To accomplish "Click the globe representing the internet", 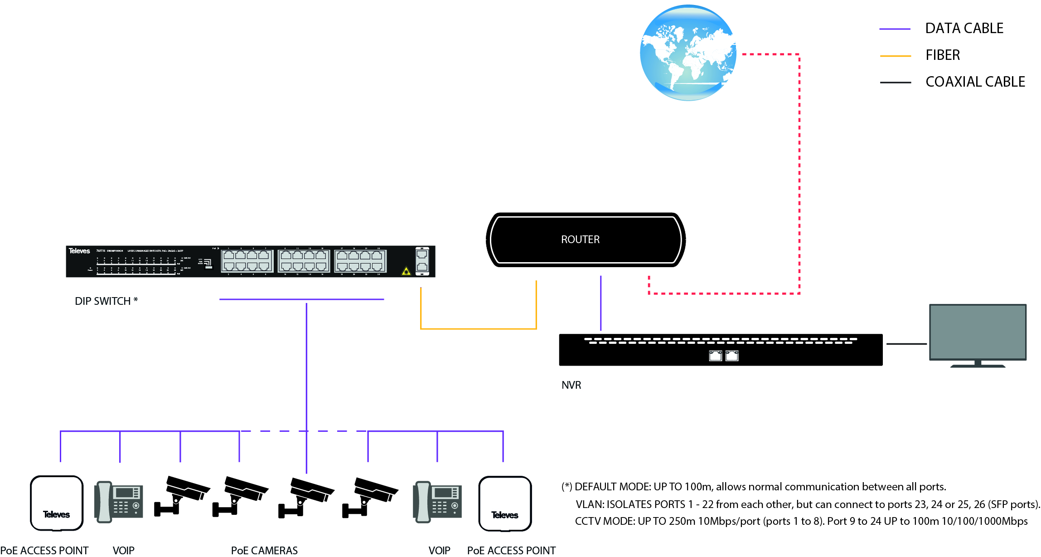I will (x=688, y=53).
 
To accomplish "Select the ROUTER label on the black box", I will (x=580, y=239).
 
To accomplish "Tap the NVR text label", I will (x=571, y=385).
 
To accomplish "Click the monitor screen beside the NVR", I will (x=978, y=332).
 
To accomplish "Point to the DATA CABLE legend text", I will (x=964, y=29).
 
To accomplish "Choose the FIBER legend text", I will (x=943, y=55).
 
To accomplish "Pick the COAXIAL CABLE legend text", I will (x=975, y=82).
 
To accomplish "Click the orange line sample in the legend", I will (x=895, y=56).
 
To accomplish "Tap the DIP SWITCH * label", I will (x=106, y=301).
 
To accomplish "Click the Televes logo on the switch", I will (x=79, y=251).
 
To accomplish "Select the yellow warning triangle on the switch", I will (x=406, y=271).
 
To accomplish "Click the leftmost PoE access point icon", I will (x=57, y=503).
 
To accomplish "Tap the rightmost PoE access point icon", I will (x=505, y=503).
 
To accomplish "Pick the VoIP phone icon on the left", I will (x=119, y=502).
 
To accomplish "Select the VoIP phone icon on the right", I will (x=437, y=502).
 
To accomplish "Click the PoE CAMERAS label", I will (x=264, y=551).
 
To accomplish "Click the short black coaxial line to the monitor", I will (x=906, y=344).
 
